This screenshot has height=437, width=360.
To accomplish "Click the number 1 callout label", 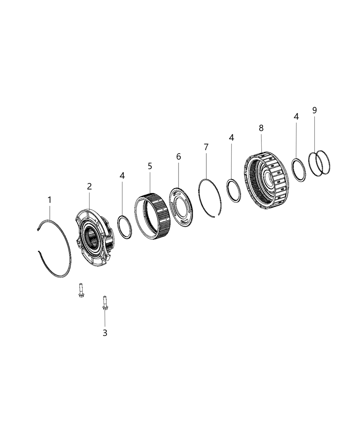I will (49, 199).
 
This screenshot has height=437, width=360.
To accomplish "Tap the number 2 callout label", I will (89, 186).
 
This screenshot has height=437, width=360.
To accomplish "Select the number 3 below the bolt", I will (105, 332).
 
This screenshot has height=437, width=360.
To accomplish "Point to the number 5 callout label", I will (150, 166).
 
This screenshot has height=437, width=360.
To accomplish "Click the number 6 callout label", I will (178, 157).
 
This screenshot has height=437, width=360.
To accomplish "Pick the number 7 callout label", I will (206, 147).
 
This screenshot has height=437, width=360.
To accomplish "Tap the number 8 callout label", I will (261, 128).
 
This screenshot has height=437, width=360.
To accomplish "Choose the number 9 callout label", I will (314, 110).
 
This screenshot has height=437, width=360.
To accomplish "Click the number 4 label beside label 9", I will (296, 117).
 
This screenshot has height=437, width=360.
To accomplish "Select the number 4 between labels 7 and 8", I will (231, 137).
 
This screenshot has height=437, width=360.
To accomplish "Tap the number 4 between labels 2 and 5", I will (122, 175).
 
